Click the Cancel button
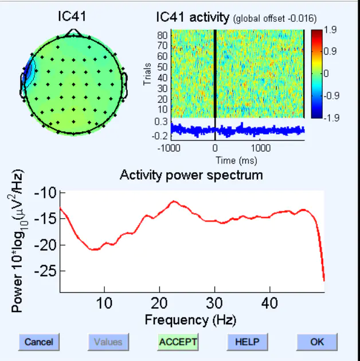(x=39, y=342)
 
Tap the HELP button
(x=247, y=342)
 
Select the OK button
(x=317, y=342)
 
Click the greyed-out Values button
(x=108, y=342)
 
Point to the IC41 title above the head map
(x=72, y=17)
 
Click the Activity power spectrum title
(x=191, y=174)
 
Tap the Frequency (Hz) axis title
(x=190, y=319)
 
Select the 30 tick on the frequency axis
(x=214, y=302)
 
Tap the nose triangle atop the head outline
(x=73, y=33)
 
